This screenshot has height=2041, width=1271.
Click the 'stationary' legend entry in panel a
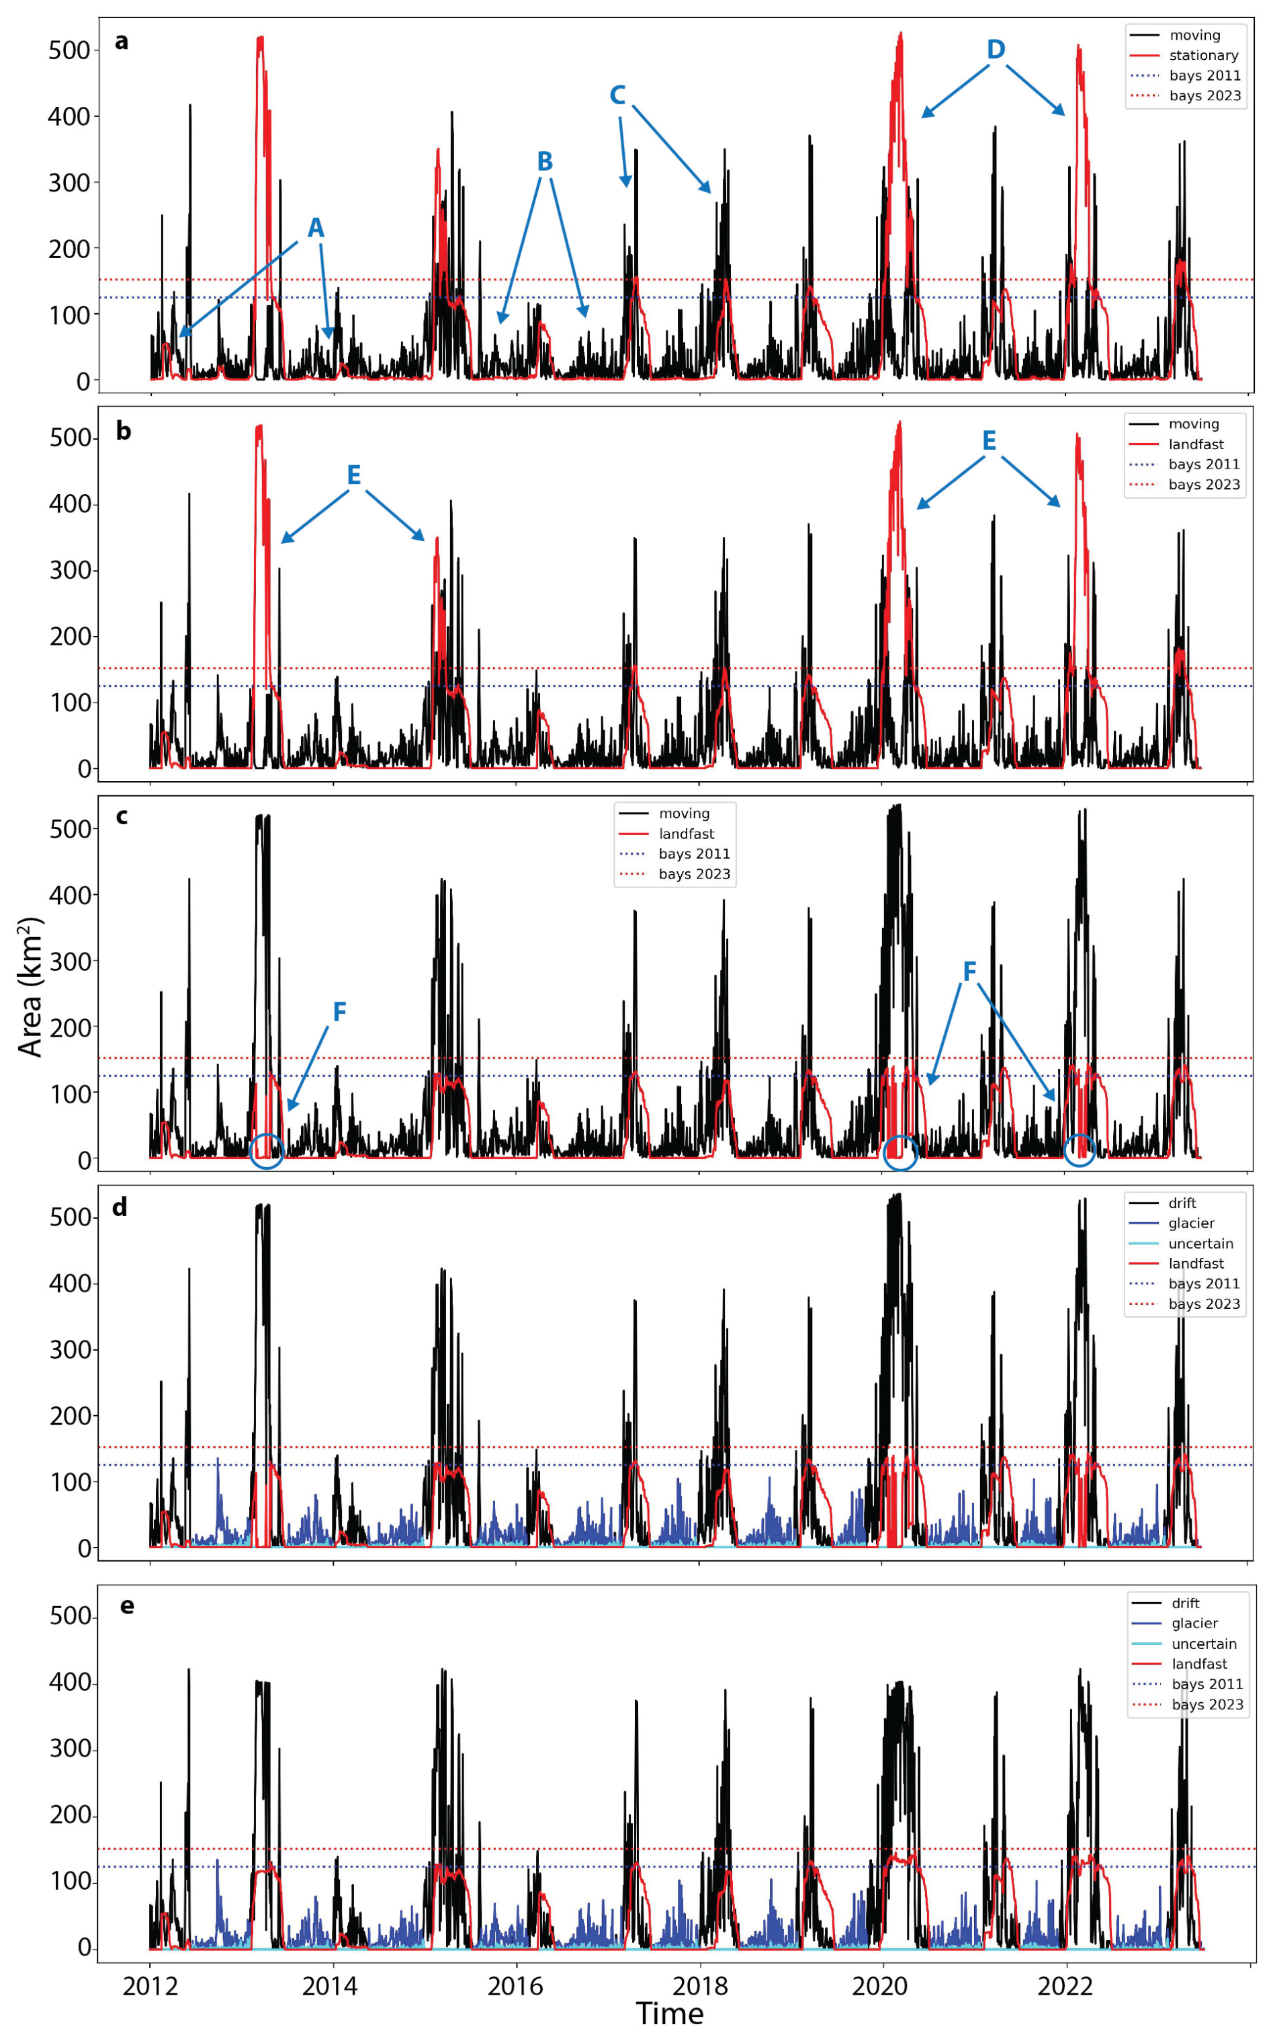pyautogui.click(x=1203, y=56)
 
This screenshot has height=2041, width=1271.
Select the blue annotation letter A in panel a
pyautogui.click(x=315, y=228)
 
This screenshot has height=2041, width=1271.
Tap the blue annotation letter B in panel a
pyautogui.click(x=545, y=161)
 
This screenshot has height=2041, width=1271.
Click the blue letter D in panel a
pyautogui.click(x=996, y=50)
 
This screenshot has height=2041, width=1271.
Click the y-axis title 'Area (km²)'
pyautogui.click(x=30, y=988)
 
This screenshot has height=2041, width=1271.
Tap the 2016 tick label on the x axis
pyautogui.click(x=516, y=1987)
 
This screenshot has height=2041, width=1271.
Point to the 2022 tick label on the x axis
pyautogui.click(x=1065, y=1987)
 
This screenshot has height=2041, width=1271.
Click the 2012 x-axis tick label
pyautogui.click(x=150, y=1987)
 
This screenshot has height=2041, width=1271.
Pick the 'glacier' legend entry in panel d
pyautogui.click(x=1191, y=1224)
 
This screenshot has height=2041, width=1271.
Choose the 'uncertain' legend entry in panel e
pyautogui.click(x=1204, y=1644)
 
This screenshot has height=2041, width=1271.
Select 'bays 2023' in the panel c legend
pyautogui.click(x=693, y=875)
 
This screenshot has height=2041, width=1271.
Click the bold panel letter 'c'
pyautogui.click(x=122, y=817)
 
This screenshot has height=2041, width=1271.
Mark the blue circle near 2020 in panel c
pyautogui.click(x=900, y=1152)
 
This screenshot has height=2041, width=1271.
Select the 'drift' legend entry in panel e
pyautogui.click(x=1185, y=1604)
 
